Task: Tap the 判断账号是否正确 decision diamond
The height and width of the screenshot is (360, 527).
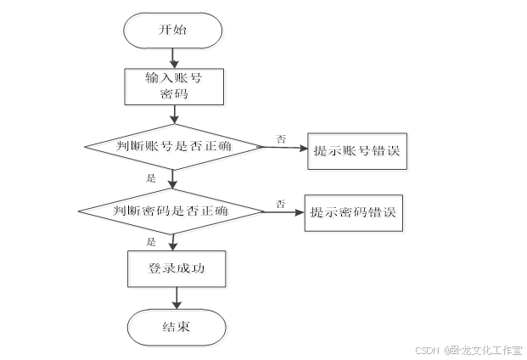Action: tap(174, 146)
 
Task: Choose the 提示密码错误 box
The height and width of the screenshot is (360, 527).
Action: tap(354, 212)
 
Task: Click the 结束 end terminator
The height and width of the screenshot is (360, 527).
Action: tap(176, 328)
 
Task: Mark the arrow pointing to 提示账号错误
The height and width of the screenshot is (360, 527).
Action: tap(284, 148)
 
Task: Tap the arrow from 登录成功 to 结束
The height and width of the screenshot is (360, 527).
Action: tap(177, 298)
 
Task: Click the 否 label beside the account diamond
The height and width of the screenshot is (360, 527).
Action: tap(280, 137)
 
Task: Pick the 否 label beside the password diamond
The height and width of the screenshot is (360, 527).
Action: tap(279, 202)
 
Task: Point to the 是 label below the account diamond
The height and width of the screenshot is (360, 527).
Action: tap(152, 178)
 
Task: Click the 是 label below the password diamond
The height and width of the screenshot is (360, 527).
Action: tap(152, 241)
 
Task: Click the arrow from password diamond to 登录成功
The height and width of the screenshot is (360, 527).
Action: tap(173, 241)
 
